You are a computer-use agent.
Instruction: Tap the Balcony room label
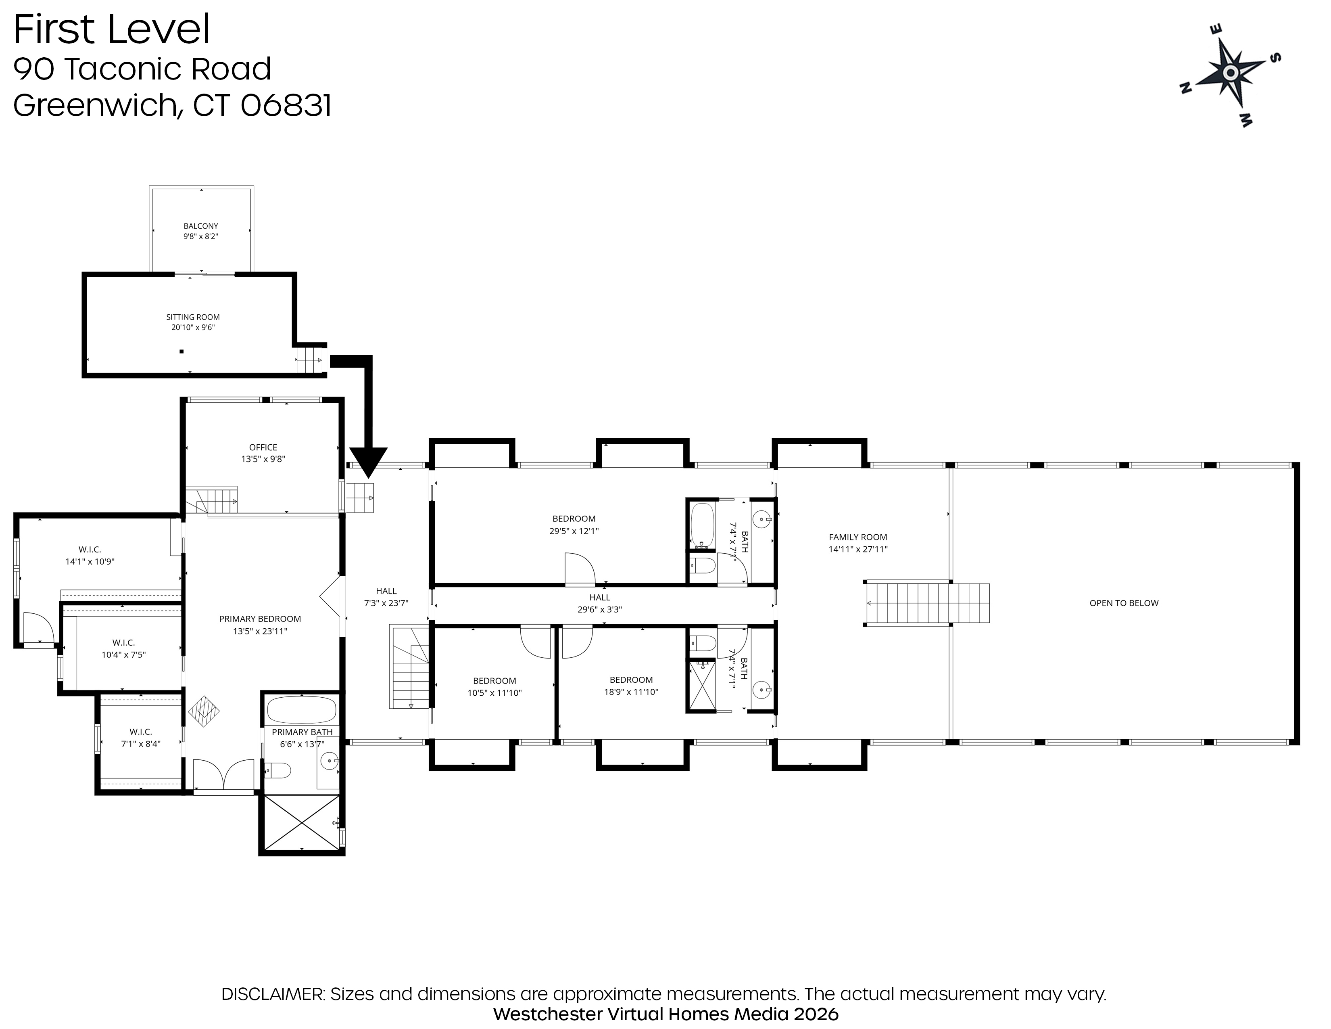[x=200, y=226]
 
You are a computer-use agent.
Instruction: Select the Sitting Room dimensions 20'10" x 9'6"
[x=192, y=327]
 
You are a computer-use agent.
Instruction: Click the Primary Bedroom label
[x=260, y=619]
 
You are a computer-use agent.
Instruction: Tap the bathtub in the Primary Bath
[x=302, y=709]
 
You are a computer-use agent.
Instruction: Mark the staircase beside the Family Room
[x=927, y=603]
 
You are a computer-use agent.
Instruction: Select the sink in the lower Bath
[x=762, y=691]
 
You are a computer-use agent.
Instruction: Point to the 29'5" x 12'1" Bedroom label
[x=574, y=525]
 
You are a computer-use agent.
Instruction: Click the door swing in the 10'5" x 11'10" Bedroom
[x=535, y=641]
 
